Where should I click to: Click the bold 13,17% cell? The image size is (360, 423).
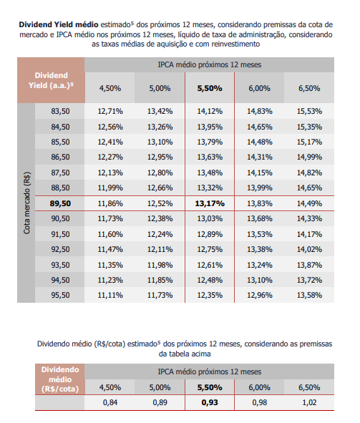pos(210,203)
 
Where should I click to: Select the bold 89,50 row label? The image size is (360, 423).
pos(60,203)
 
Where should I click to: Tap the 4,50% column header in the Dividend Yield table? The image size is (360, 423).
pos(110,88)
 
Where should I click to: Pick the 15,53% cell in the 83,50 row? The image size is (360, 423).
pos(309,111)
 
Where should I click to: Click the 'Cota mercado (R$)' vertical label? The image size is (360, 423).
pos(26,203)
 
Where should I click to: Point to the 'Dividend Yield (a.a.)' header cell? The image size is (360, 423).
pos(51,80)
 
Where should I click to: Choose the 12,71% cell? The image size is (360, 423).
pos(110,111)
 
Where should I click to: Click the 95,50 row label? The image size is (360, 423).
pos(60,295)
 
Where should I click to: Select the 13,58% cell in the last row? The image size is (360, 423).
pos(309,295)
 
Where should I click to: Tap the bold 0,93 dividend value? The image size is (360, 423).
pos(210,402)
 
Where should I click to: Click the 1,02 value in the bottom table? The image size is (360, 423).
pos(309,402)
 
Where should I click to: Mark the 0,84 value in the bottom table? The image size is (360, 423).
pos(110,402)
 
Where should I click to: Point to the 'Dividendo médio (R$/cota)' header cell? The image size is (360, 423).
pos(60,379)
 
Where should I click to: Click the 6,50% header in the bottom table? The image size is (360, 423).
pos(309,387)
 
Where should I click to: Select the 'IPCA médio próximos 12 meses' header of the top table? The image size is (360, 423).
pos(210,64)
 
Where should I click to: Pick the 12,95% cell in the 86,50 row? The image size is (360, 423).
pos(160,157)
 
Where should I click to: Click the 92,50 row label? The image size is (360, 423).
pos(60,249)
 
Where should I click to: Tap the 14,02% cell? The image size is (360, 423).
pos(309,249)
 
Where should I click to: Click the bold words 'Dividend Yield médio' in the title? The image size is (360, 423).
pos(59,24)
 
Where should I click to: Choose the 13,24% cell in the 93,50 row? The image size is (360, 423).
pos(259,265)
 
